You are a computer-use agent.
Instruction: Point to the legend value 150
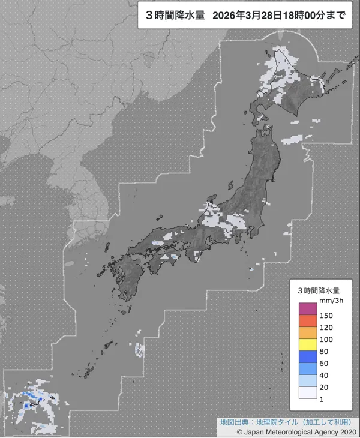[327, 315]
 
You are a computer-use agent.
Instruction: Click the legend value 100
[327, 339]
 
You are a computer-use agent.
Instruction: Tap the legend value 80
[325, 351]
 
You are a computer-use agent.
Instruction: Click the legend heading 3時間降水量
[319, 290]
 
